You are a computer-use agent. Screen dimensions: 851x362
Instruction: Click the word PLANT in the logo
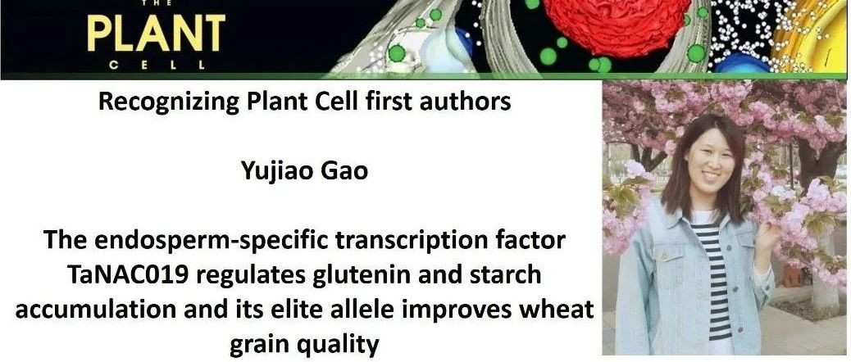(x=156, y=34)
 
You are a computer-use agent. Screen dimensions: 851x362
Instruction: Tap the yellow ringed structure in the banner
(x=814, y=36)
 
